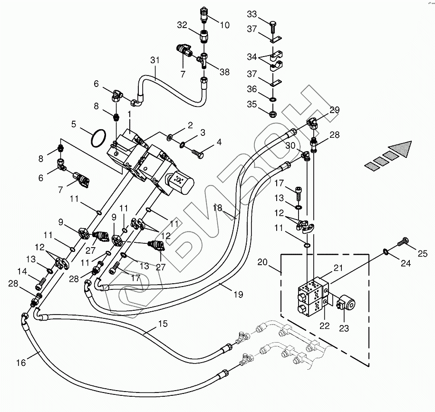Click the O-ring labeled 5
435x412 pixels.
click(98, 138)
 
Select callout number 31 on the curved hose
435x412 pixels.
click(155, 60)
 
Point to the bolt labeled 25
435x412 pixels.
click(403, 242)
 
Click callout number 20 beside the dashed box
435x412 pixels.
click(262, 262)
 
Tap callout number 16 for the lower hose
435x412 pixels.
click(21, 363)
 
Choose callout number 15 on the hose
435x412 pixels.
click(163, 324)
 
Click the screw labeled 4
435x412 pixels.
click(197, 153)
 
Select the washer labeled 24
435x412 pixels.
click(386, 251)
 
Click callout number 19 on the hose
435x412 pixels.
click(238, 294)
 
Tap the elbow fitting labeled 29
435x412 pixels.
click(312, 123)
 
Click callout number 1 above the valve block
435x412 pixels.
click(129, 114)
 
